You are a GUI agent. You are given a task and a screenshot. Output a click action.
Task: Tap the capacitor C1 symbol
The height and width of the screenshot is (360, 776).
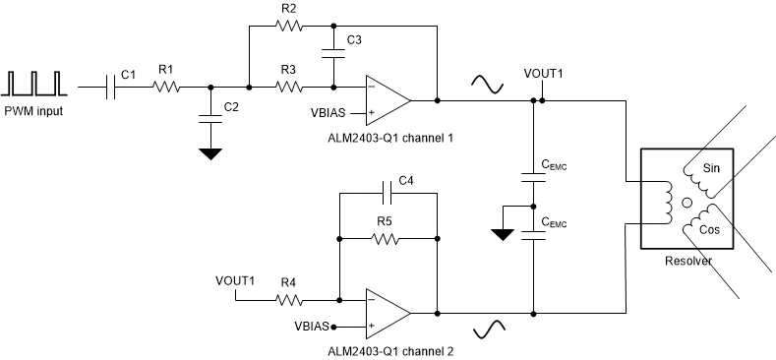pyautogui.click(x=114, y=88)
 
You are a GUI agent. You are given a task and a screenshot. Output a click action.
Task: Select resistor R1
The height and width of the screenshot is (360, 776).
pyautogui.click(x=166, y=88)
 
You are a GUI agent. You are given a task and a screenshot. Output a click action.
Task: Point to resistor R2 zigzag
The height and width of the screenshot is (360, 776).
pyautogui.click(x=288, y=26)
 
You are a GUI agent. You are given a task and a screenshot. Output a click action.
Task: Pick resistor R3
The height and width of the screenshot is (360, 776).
pyautogui.click(x=288, y=88)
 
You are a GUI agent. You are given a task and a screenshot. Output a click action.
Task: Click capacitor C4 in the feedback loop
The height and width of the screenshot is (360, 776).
pyautogui.click(x=387, y=194)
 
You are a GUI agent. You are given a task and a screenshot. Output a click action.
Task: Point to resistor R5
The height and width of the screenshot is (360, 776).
pyautogui.click(x=387, y=238)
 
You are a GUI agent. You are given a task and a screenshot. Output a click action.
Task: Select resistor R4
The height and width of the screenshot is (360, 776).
pyautogui.click(x=288, y=301)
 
